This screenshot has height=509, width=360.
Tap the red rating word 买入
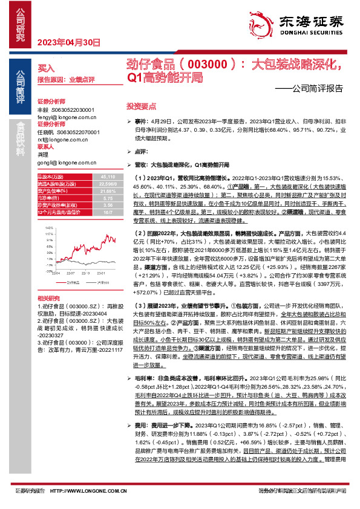(46, 68)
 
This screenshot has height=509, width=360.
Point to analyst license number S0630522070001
(76, 132)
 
